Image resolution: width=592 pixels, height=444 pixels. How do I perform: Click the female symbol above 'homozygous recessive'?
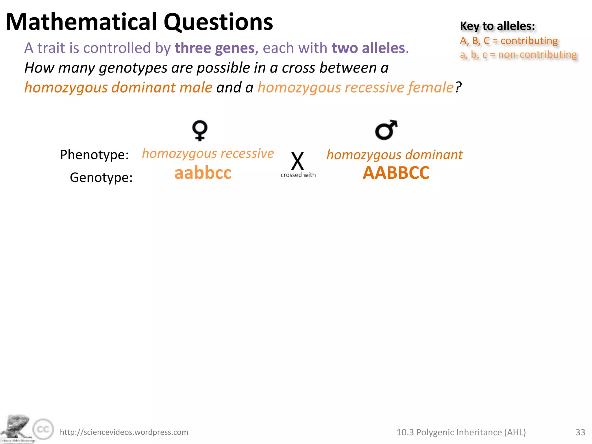200,130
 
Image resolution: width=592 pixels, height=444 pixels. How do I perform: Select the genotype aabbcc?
203,173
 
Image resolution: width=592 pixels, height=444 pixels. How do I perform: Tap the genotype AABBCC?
396,173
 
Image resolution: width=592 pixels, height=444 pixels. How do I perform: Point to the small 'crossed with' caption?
298,175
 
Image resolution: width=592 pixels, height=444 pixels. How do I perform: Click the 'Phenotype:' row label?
94,155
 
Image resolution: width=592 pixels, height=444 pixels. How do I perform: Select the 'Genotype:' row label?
101,177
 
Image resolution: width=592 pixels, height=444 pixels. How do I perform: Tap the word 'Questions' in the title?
218,22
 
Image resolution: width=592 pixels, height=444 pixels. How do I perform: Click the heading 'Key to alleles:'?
497,26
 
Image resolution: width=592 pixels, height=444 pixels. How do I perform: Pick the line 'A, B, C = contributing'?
509,41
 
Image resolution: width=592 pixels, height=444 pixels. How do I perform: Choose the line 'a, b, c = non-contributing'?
518,54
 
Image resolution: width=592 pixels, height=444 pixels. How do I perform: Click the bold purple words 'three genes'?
215,48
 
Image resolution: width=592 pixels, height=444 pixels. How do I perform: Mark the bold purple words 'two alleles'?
368,48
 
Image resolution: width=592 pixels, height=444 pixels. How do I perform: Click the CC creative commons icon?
43,429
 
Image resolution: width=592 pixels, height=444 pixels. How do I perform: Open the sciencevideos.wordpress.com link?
124,432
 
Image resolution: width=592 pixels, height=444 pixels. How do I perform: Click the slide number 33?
580,432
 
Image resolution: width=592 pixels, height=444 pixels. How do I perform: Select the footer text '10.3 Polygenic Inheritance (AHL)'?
461,432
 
